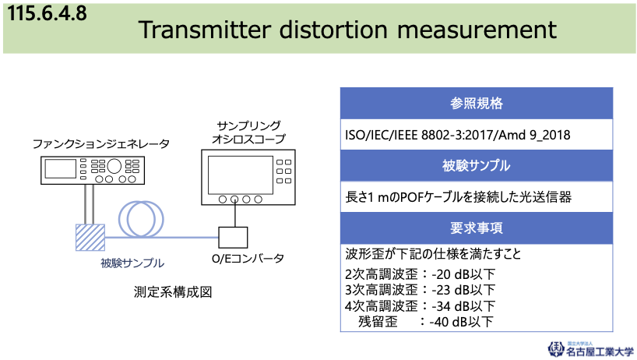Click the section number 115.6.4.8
pyautogui.click(x=48, y=13)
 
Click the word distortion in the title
pyautogui.click(x=333, y=30)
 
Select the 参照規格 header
pyautogui.click(x=476, y=103)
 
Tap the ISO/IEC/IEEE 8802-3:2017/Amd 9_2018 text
pyautogui.click(x=457, y=135)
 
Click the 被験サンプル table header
pyautogui.click(x=476, y=165)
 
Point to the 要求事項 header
pyautogui.click(x=476, y=228)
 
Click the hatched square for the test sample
pyautogui.click(x=90, y=238)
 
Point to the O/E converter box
pyautogui.click(x=233, y=238)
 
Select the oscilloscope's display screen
pyautogui.click(x=241, y=175)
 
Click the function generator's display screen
pyautogui.click(x=61, y=168)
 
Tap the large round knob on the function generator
pyautogui.click(x=114, y=166)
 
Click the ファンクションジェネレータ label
pyautogui.click(x=100, y=144)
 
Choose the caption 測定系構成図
pyautogui.click(x=173, y=292)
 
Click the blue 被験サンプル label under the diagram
pyautogui.click(x=132, y=263)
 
